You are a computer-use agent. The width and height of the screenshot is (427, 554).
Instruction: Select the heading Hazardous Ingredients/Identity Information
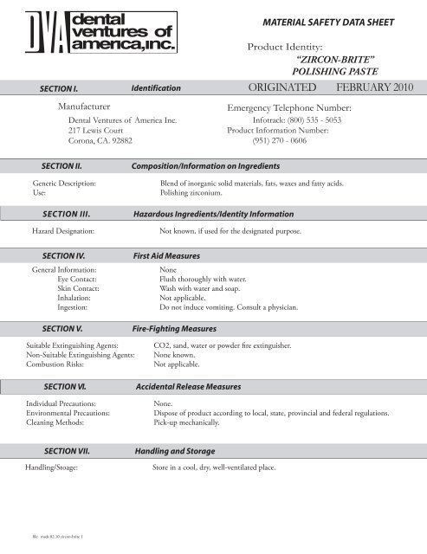212,214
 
